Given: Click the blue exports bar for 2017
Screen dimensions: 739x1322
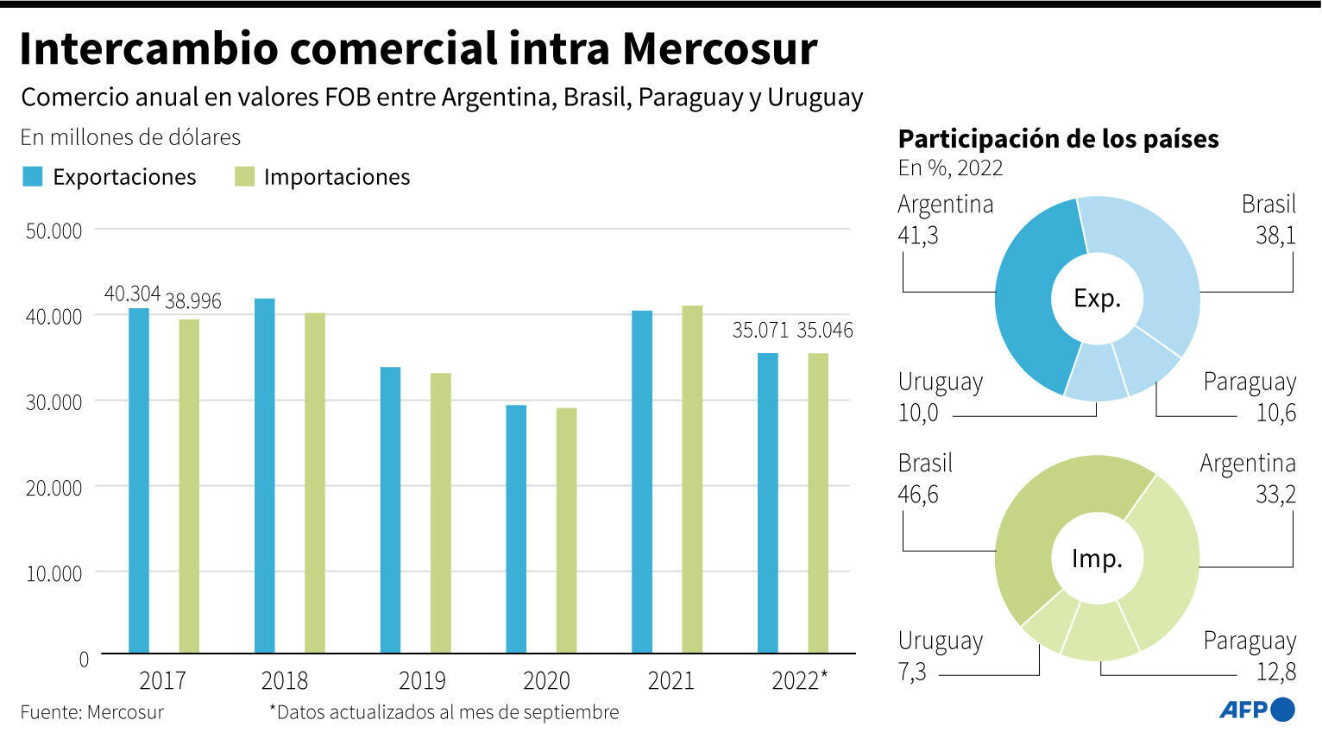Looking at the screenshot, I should click(x=138, y=480).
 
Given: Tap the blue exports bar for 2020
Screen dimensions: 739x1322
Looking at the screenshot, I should click(x=515, y=528).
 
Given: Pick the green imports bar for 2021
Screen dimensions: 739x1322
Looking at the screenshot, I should click(x=691, y=478).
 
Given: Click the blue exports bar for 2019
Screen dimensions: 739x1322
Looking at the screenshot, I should click(x=390, y=509).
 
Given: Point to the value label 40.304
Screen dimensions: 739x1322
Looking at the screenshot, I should click(x=132, y=294).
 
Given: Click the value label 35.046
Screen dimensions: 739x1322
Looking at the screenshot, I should click(x=824, y=331).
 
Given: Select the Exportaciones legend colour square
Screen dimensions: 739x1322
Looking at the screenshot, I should click(x=32, y=177).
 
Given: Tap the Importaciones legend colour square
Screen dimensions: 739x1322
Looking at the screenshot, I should click(x=244, y=177).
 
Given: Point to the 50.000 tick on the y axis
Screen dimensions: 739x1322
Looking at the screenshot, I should click(x=54, y=231).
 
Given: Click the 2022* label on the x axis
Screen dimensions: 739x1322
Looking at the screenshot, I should click(x=799, y=681).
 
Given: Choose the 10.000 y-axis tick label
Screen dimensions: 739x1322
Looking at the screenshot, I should click(x=54, y=574).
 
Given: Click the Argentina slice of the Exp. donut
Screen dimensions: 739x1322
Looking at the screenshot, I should click(x=1030, y=298).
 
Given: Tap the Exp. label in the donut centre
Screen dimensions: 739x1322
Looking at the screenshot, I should click(x=1097, y=299).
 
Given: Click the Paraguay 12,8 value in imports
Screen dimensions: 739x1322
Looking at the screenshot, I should click(x=1275, y=672).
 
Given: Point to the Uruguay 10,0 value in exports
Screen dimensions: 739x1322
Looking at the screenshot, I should click(x=917, y=413).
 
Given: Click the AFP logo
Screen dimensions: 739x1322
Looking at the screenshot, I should click(x=1256, y=710).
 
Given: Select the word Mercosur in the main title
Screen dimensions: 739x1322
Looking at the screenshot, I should click(x=719, y=48).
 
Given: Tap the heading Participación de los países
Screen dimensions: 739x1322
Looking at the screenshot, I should click(x=1058, y=139).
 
